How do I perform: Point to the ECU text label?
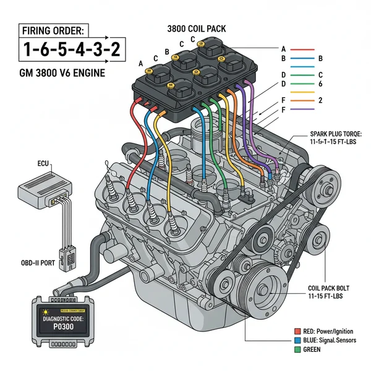click(x=43, y=165)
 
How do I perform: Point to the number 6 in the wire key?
click(x=320, y=83)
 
